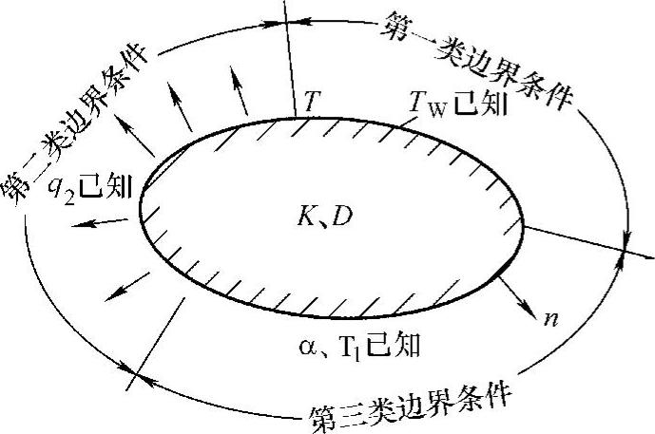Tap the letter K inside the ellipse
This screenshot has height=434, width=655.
coord(302,219)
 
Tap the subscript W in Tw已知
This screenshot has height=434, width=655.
coord(430,109)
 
